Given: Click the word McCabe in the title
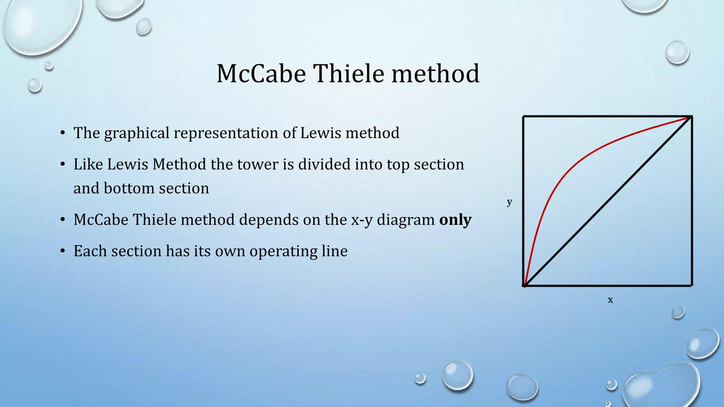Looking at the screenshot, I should coord(261,74).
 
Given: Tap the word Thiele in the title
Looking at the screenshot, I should coord(349,74).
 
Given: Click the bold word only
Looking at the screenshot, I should coord(455,220).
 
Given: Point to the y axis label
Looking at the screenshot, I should coord(509,202).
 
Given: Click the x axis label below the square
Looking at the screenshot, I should coord(610,300).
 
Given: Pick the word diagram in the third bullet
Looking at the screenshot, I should coord(405,220).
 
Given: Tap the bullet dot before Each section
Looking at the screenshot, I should coord(63,251).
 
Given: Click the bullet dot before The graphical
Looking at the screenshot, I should coord(63,133).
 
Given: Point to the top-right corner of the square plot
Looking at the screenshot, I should coord(691,117).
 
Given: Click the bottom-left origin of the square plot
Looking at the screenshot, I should coord(524,285).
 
